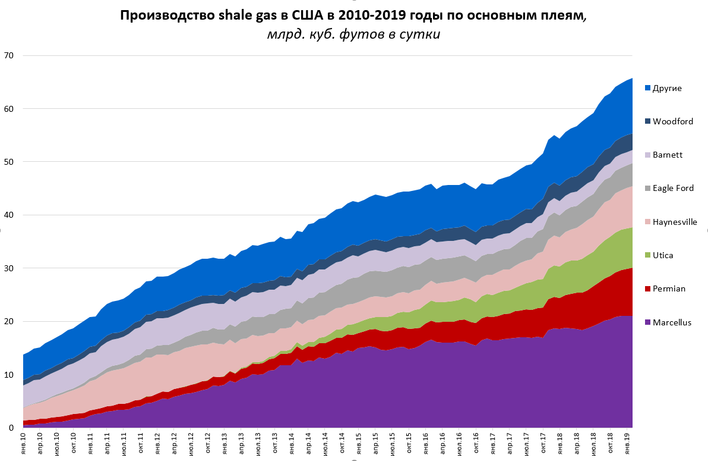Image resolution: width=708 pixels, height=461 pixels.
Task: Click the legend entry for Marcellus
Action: pos(671,322)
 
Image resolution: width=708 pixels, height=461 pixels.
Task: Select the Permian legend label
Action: pos(669,288)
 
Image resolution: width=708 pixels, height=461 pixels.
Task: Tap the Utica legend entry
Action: pos(665,255)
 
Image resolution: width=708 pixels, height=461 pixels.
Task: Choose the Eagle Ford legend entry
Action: pos(673,189)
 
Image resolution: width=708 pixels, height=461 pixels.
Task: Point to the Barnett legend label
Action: pos(668,155)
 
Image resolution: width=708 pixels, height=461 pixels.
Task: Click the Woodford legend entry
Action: pos(672,122)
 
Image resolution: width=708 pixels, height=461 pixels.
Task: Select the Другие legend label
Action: pos(667,89)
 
